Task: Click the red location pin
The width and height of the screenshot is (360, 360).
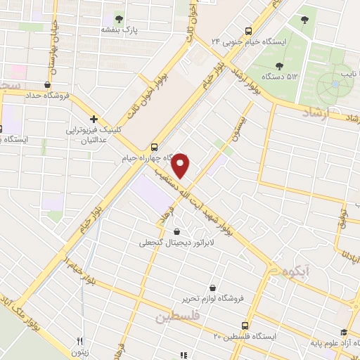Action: [182, 165]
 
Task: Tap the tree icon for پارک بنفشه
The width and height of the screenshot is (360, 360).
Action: [117, 19]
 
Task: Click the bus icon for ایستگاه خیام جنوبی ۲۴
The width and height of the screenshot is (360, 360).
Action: [248, 31]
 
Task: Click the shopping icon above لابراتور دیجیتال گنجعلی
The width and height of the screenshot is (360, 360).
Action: [176, 231]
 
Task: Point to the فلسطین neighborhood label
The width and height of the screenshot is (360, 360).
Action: [178, 317]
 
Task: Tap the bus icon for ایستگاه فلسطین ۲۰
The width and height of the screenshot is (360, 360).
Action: [245, 326]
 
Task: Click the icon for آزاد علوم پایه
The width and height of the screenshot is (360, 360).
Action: [342, 333]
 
